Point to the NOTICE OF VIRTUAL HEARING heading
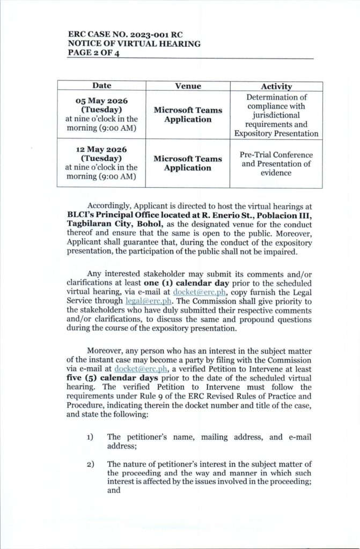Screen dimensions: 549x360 click(127, 44)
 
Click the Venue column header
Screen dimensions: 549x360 click(188, 86)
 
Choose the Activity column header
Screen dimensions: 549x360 click(276, 86)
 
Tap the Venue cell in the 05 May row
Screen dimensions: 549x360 click(188, 115)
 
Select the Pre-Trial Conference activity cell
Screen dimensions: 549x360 click(276, 164)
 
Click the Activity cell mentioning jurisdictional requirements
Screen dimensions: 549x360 click(276, 115)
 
